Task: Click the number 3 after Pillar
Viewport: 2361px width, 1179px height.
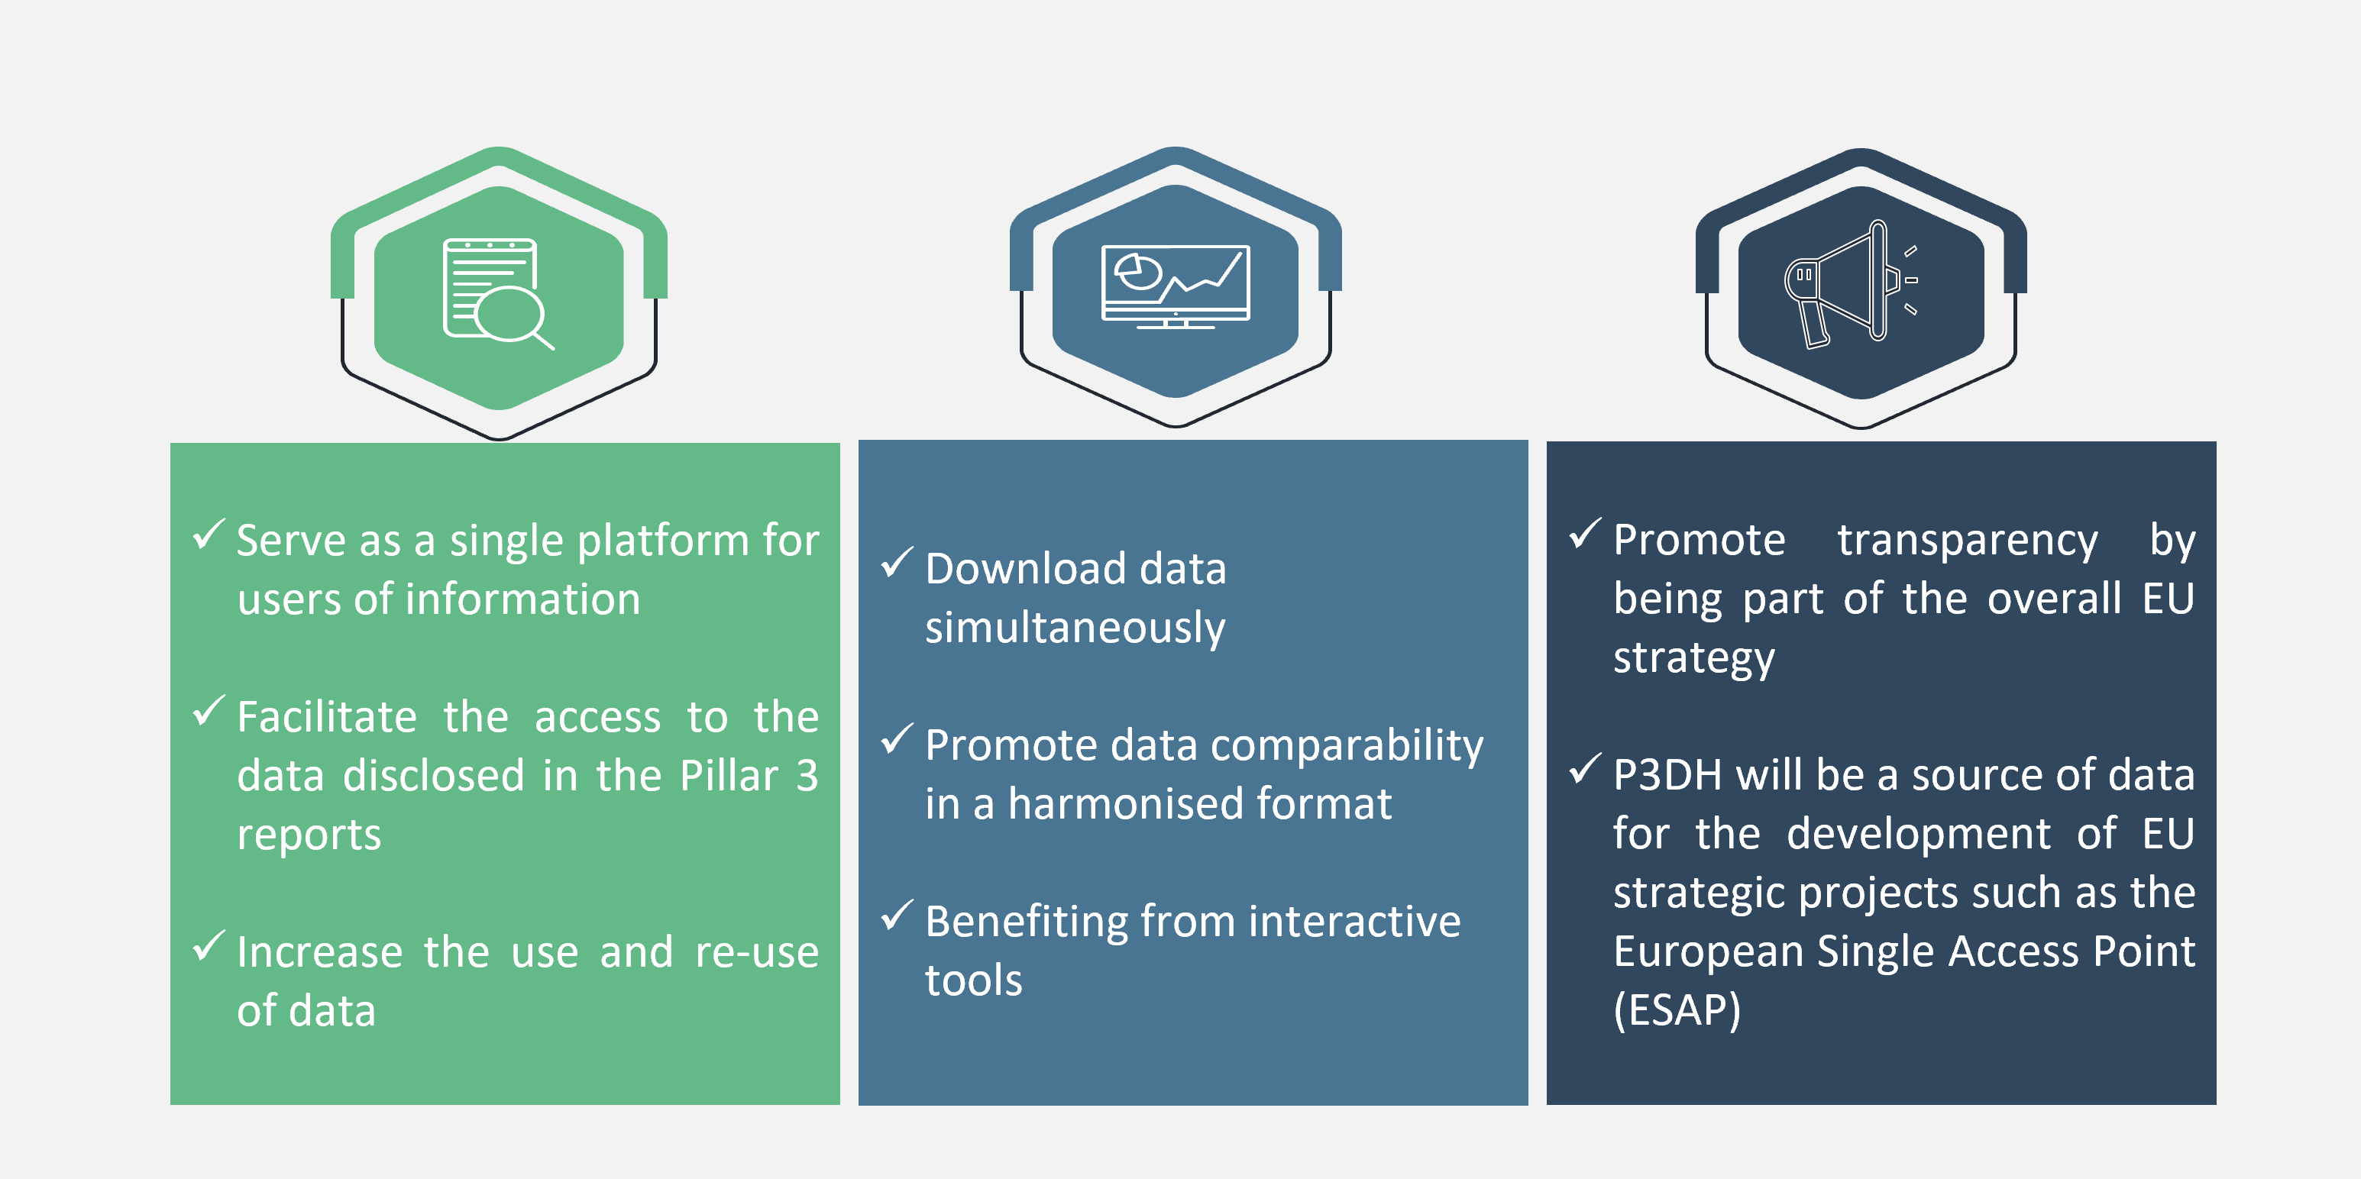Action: point(807,776)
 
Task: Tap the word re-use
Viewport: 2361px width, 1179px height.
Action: point(756,953)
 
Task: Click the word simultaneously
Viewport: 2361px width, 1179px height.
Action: point(1074,628)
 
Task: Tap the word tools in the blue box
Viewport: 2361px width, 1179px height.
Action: point(973,981)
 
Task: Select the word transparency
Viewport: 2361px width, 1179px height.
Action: point(1967,541)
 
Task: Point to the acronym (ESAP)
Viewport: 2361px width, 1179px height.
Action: point(1677,1010)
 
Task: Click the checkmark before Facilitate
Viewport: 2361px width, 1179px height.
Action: point(209,711)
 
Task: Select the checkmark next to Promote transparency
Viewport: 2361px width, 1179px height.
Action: point(1586,533)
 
